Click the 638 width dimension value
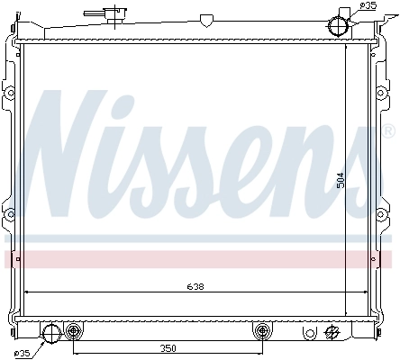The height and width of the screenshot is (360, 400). click(x=195, y=287)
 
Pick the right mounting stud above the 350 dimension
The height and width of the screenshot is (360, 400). click(x=262, y=330)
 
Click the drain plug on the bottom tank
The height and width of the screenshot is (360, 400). click(x=332, y=332)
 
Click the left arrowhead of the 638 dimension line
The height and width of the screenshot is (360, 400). click(x=27, y=292)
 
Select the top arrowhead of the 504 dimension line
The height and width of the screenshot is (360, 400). click(x=347, y=45)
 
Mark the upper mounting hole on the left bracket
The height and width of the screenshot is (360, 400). click(x=9, y=94)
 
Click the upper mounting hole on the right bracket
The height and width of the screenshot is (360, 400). click(x=388, y=94)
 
